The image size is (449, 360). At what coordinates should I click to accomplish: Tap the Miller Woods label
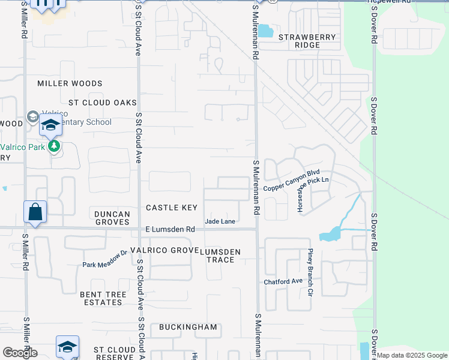70,83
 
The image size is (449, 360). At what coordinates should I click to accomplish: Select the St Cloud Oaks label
103,103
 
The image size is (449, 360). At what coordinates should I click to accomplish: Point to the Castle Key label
172,208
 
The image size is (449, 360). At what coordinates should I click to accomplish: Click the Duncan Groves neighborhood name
112,218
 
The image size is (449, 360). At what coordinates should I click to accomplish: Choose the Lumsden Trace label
223,256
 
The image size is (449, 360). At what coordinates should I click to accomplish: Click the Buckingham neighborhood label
188,327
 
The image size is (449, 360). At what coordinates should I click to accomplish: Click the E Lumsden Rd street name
170,229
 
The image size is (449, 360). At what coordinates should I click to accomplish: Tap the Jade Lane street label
220,221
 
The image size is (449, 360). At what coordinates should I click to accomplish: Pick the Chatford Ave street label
283,281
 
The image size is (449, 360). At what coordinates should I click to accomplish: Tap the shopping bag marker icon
35,212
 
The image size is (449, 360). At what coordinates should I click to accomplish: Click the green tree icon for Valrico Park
55,146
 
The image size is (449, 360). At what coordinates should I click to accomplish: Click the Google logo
20,353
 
